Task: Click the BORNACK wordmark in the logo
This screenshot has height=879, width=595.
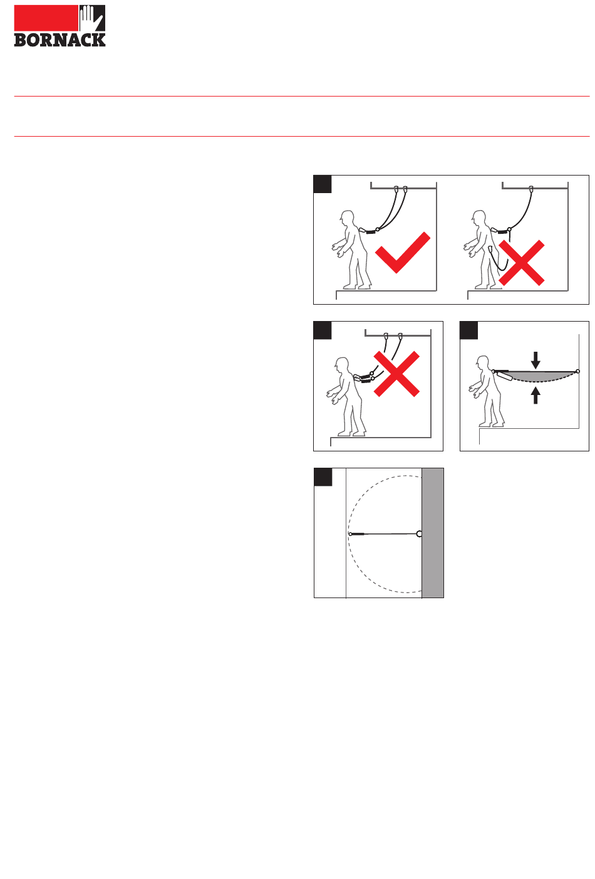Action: (x=59, y=40)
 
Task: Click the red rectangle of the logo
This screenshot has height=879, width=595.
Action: (x=46, y=18)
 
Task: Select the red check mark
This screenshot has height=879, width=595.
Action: (x=403, y=252)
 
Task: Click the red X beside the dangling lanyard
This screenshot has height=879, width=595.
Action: (x=521, y=263)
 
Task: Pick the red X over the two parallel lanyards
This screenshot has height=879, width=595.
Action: (x=396, y=374)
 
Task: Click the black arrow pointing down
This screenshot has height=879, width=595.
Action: (x=535, y=360)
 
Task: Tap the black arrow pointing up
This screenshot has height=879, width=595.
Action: (x=535, y=395)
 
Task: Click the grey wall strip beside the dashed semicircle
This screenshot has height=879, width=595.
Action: (x=433, y=532)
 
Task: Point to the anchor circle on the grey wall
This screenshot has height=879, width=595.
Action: (x=419, y=534)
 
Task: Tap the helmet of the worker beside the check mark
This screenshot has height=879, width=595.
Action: (x=347, y=216)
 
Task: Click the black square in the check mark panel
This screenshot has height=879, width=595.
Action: (x=323, y=184)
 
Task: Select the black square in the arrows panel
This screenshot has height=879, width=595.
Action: (x=468, y=330)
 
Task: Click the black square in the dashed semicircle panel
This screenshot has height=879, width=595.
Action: (x=323, y=477)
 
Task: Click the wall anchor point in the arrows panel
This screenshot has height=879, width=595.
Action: (x=577, y=371)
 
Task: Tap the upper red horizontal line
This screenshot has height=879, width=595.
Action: (x=302, y=96)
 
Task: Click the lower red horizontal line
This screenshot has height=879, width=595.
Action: (x=302, y=137)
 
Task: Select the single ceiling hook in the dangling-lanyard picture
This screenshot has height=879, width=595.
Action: (x=531, y=189)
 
